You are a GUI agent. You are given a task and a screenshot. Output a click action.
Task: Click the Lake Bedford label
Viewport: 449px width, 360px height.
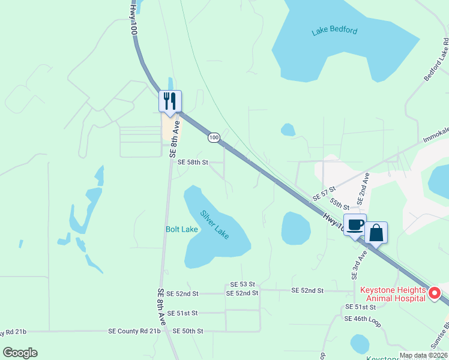click(x=334, y=31)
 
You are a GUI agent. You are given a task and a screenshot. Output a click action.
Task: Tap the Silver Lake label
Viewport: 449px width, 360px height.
click(x=214, y=223)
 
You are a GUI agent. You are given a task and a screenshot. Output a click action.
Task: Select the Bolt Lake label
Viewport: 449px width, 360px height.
click(x=181, y=229)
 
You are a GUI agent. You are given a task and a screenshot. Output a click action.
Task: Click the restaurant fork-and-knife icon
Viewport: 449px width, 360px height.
click(x=170, y=100)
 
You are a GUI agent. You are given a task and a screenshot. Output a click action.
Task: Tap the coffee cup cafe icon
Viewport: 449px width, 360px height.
click(x=355, y=224)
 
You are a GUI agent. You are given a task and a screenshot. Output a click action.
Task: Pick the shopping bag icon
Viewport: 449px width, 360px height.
click(x=376, y=232)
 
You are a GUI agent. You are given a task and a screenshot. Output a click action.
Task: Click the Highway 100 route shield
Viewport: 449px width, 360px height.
click(x=214, y=138)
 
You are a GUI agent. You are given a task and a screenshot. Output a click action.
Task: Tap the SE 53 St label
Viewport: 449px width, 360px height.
click(x=243, y=284)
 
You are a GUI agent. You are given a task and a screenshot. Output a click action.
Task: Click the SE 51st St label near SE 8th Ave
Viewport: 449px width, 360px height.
click(x=182, y=313)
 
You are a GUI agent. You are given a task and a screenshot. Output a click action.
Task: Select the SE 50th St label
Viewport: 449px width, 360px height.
click(x=188, y=331)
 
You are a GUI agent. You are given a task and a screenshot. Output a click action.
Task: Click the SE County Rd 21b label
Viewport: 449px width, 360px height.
click(x=134, y=331)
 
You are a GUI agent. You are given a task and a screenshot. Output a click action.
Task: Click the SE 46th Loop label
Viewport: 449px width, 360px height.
click(x=363, y=319)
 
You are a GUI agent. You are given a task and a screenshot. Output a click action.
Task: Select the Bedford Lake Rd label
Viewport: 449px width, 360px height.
click(x=436, y=60)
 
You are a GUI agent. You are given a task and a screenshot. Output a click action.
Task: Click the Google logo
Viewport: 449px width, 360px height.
click(x=20, y=353)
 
